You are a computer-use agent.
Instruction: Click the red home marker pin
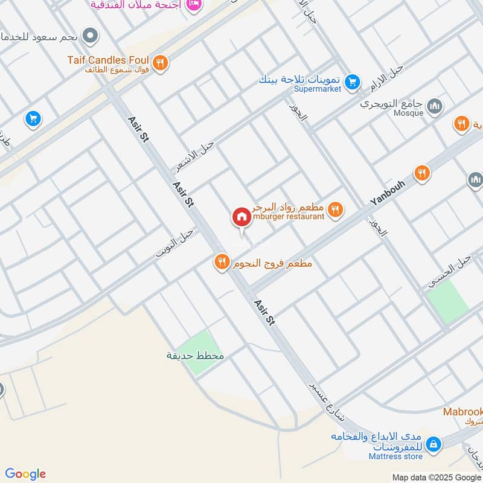[241, 217]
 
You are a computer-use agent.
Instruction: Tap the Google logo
[25, 474]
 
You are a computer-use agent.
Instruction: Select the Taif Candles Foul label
[109, 60]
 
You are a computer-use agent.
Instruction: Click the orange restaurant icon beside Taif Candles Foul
[160, 62]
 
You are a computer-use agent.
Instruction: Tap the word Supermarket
[318, 89]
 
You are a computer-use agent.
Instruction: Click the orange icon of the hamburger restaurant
[336, 210]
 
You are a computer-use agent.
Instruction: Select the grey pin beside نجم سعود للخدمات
[91, 36]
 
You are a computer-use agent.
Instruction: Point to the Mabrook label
[463, 412]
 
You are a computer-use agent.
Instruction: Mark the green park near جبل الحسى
[447, 300]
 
